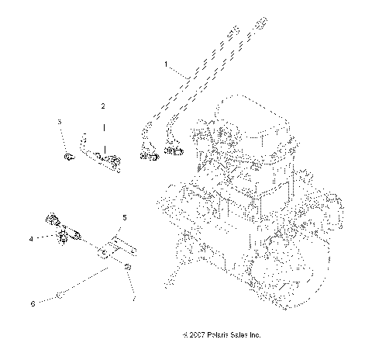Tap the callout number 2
tap(102, 104)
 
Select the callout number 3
tap(59, 122)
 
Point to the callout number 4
tap(31, 239)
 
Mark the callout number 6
tap(33, 303)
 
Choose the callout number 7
tap(133, 297)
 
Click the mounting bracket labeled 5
tap(115, 247)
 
